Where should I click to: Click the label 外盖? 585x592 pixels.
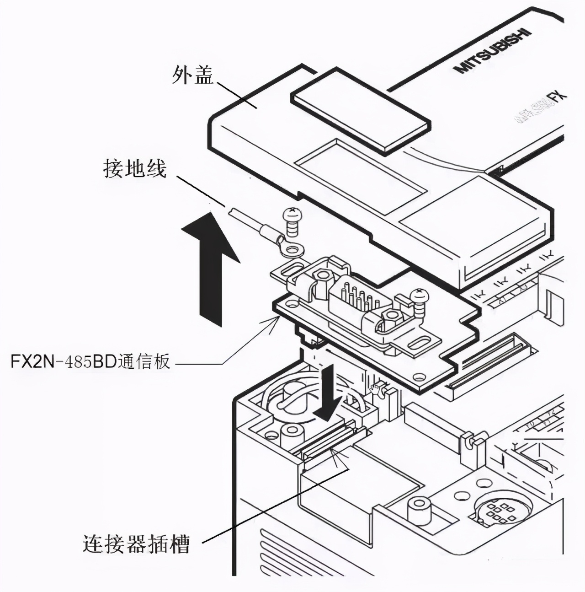(x=193, y=75)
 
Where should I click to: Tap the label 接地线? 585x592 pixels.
(x=134, y=170)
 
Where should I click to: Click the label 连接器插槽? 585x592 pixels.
(x=136, y=544)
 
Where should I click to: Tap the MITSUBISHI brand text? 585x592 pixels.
(x=493, y=51)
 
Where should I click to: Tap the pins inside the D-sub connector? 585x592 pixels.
(x=359, y=297)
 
